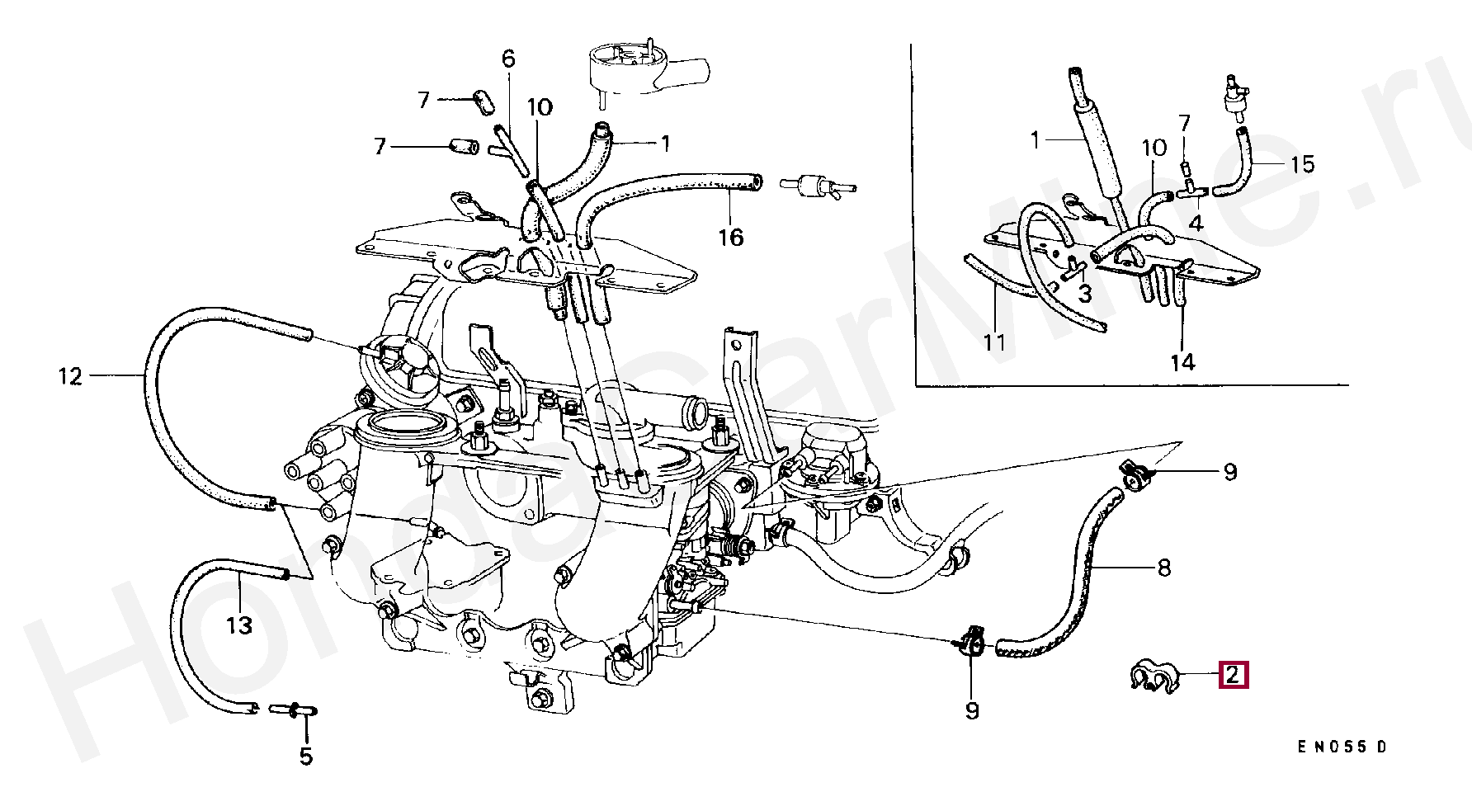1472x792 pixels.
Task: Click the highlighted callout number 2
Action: coord(1232,676)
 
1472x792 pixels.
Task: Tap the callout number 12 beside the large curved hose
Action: coord(71,377)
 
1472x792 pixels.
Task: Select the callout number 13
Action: coord(239,626)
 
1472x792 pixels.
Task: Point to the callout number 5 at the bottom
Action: coord(306,757)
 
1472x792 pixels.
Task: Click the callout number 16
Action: coord(731,238)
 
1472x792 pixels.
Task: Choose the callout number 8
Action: coord(1163,568)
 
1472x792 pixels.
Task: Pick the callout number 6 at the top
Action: coord(508,59)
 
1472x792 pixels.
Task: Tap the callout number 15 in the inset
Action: coord(1302,164)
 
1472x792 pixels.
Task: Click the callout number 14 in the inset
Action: coord(1182,361)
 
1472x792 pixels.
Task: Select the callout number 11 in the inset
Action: coord(995,342)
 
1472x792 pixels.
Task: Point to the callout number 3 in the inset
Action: coord(1085,293)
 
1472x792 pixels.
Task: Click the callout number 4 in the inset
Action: coord(1196,223)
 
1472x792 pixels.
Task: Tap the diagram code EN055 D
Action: coord(1342,747)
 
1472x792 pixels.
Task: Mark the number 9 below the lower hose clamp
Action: coord(972,709)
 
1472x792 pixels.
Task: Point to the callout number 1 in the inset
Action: coord(1036,140)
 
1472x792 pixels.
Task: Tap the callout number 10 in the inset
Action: coord(1154,148)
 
